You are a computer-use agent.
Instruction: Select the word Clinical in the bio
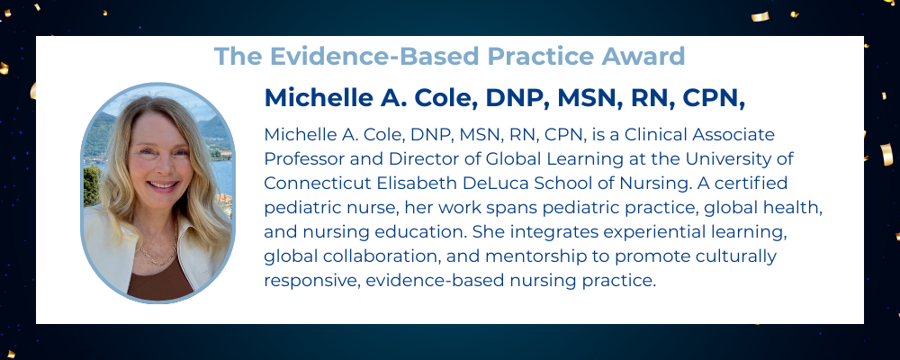coord(655,134)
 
